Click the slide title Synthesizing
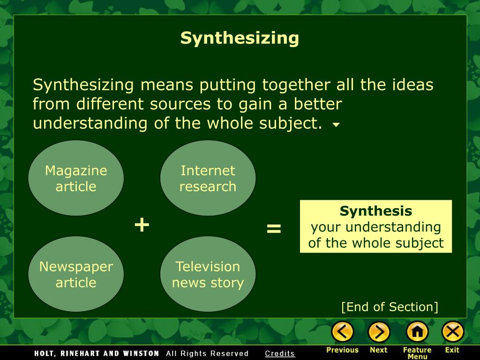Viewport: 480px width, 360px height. click(x=240, y=38)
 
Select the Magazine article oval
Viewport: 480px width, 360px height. click(x=76, y=178)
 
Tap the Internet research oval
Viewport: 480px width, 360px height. click(x=208, y=178)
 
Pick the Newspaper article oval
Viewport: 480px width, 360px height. click(x=76, y=274)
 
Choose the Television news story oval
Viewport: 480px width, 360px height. click(x=208, y=274)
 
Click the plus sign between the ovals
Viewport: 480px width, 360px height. click(x=142, y=225)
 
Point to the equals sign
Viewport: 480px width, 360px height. click(x=274, y=229)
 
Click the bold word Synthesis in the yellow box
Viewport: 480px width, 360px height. click(x=376, y=211)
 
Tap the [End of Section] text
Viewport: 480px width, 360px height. click(x=390, y=307)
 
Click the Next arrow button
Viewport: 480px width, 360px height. click(x=379, y=332)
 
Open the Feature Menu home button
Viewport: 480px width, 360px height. click(x=417, y=332)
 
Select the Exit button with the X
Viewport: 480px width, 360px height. click(x=452, y=332)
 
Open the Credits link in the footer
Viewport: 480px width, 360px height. click(x=280, y=353)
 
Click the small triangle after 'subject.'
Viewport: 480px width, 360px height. click(x=336, y=125)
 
